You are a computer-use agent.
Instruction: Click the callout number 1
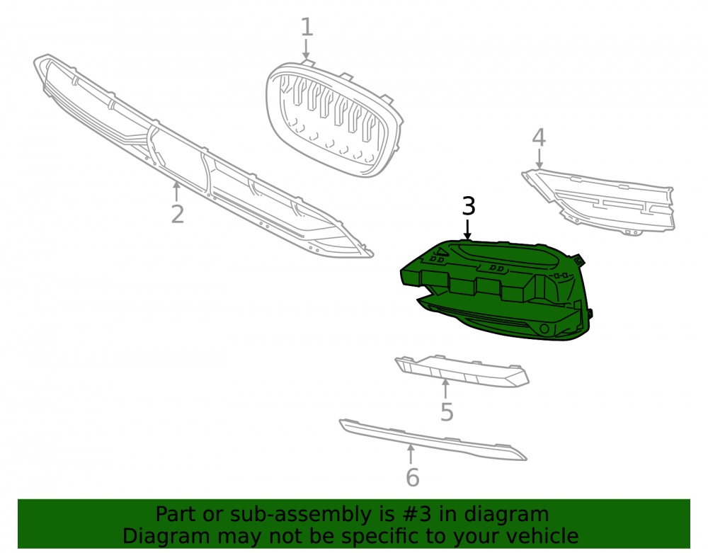point(307,27)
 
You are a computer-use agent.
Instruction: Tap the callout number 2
point(178,214)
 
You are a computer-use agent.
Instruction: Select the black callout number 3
point(469,206)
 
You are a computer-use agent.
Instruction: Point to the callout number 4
point(539,137)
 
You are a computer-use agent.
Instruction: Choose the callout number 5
point(447,412)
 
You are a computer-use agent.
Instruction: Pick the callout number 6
point(413,478)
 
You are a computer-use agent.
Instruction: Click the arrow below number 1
point(307,49)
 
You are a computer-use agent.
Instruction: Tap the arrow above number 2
point(176,191)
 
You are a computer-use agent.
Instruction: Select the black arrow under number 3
point(468,229)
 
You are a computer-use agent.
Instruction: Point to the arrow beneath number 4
point(539,159)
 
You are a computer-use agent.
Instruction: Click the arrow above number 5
point(445,389)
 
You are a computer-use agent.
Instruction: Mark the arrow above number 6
point(411,454)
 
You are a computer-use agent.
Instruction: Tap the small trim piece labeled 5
point(462,370)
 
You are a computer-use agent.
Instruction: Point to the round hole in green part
point(545,329)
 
